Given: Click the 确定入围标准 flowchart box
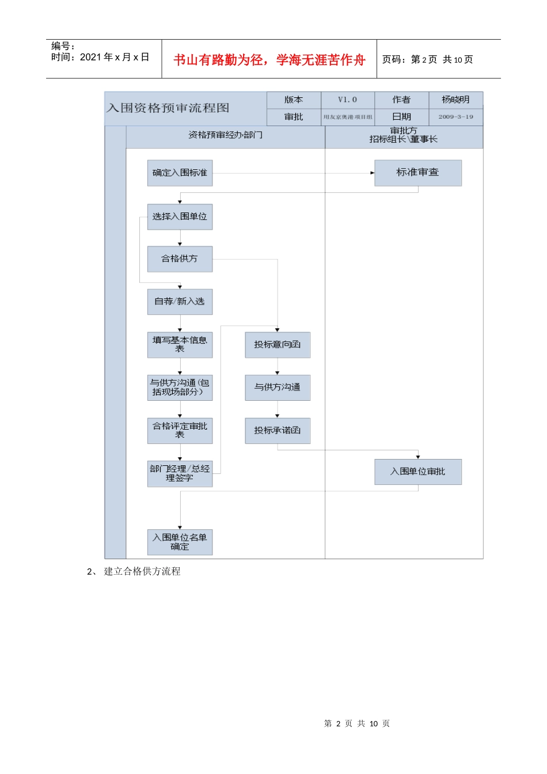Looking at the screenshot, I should click(x=180, y=173).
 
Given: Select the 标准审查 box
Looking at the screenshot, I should click(x=417, y=173).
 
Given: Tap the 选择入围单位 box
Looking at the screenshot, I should click(x=180, y=217).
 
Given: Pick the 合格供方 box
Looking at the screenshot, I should click(x=180, y=259).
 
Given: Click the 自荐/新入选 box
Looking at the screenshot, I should click(x=180, y=301).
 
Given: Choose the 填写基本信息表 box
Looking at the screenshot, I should click(x=180, y=344).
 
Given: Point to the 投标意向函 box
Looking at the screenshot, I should click(x=278, y=344).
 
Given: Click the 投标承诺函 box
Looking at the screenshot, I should click(x=278, y=430).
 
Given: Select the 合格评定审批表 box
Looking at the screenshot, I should click(x=180, y=430).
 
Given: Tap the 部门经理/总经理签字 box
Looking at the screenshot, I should click(x=180, y=473).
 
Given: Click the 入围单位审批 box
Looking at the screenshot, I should click(x=417, y=472).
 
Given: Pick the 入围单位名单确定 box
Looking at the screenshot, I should click(x=180, y=542).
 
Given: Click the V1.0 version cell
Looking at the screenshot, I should click(x=347, y=100).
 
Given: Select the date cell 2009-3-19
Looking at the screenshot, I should click(x=455, y=117).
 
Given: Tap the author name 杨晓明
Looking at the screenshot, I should click(x=455, y=100).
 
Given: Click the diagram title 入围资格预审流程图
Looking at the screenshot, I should click(x=168, y=108).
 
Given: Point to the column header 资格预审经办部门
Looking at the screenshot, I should click(x=225, y=135).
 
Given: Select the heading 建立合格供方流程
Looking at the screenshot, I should click(x=142, y=571).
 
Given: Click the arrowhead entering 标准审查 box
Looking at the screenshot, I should click(x=373, y=173).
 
